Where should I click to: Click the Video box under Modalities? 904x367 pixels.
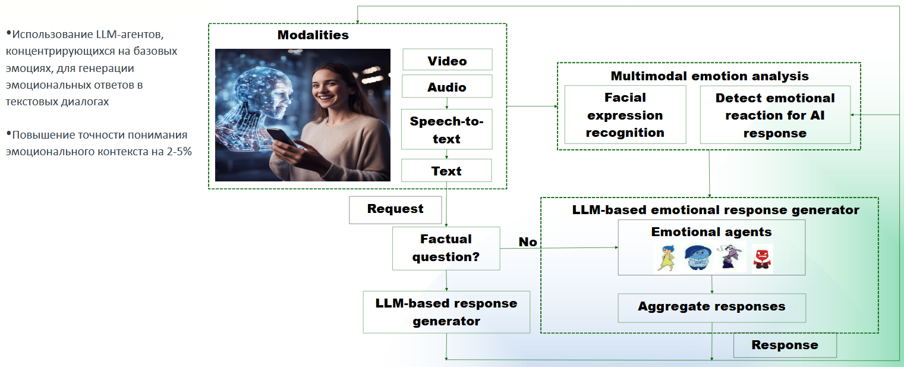447,60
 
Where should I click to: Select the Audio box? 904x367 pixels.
447,86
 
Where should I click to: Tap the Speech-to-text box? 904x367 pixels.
447,129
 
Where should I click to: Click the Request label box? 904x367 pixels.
395,209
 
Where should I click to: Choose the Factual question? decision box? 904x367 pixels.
446,248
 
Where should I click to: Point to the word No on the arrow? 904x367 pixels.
528,241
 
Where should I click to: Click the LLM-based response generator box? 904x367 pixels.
446,312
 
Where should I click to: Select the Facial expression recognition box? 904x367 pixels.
625,115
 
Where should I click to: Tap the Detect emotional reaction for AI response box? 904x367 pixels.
774,115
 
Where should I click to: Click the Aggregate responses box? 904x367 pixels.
711,308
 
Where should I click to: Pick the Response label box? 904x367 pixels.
785,346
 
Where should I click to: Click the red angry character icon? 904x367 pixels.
762,258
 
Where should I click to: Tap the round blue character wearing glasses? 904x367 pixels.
698,258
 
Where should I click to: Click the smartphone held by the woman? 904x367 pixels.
283,137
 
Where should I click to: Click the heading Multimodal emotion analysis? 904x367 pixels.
710,76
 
